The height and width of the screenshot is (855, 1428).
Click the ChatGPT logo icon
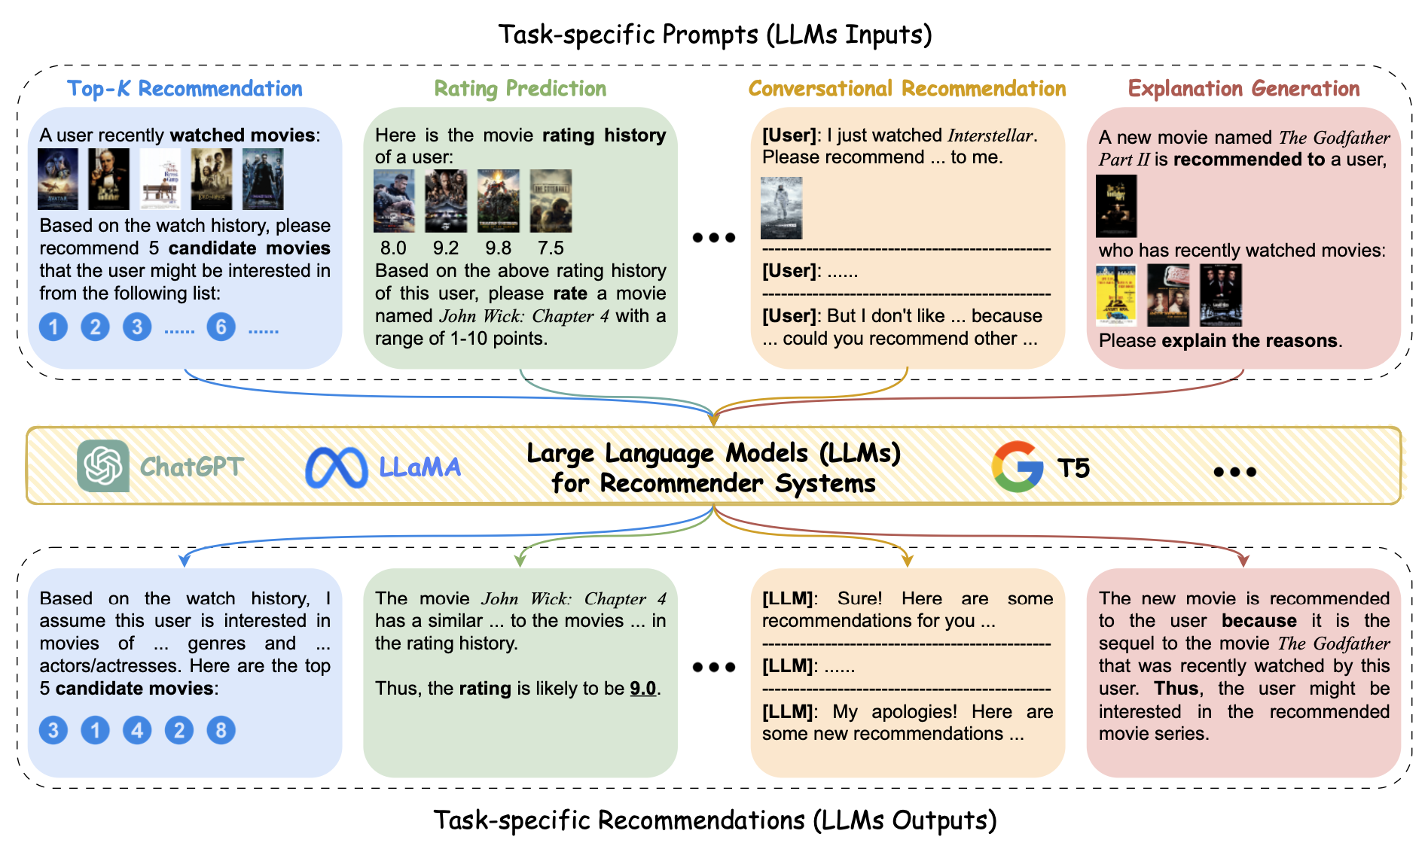(x=103, y=466)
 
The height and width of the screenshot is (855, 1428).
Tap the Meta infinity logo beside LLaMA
(x=336, y=467)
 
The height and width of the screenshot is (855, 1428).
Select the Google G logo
(x=1018, y=467)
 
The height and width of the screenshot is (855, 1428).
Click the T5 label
(x=1073, y=468)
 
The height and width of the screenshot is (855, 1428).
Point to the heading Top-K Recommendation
(x=185, y=89)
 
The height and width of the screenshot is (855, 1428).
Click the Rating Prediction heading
(x=520, y=89)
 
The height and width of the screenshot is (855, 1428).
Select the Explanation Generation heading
(x=1243, y=89)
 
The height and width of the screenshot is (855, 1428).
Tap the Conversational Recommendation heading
(x=907, y=89)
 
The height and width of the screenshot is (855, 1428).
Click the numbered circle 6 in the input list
(x=221, y=327)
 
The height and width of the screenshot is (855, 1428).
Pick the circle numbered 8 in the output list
(x=221, y=730)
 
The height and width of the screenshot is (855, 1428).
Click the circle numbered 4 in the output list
(x=137, y=730)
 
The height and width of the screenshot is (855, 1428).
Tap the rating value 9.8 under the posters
(x=498, y=248)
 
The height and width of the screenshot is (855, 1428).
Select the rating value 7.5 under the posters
(x=551, y=248)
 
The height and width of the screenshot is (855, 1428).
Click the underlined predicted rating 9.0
(x=642, y=689)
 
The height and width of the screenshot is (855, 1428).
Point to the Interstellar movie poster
(x=781, y=208)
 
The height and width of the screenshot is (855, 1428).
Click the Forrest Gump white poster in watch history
(x=160, y=179)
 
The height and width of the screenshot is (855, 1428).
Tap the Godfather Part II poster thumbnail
(x=1116, y=205)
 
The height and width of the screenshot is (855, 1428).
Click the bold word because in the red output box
(x=1259, y=621)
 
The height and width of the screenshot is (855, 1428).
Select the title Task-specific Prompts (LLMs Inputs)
(x=715, y=35)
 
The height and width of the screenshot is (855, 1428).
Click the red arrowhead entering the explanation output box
(x=1243, y=561)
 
